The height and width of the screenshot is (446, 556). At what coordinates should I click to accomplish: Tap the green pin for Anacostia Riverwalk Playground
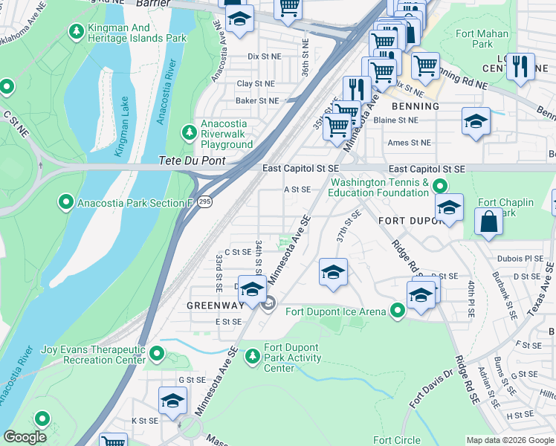pos(190,133)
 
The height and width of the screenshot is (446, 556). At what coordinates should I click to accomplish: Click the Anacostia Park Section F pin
pos(66,202)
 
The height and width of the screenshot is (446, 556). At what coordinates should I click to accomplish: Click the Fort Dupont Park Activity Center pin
pos(253,354)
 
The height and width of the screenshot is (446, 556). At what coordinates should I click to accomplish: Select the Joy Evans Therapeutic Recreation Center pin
pos(157,354)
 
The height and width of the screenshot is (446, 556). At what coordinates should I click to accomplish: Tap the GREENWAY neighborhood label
pos(215,305)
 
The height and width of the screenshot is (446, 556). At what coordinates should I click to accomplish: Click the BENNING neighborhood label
pos(415,106)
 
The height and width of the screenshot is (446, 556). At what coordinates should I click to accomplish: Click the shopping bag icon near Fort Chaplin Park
pos(488,222)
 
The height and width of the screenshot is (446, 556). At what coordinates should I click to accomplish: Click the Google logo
pos(25,437)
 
